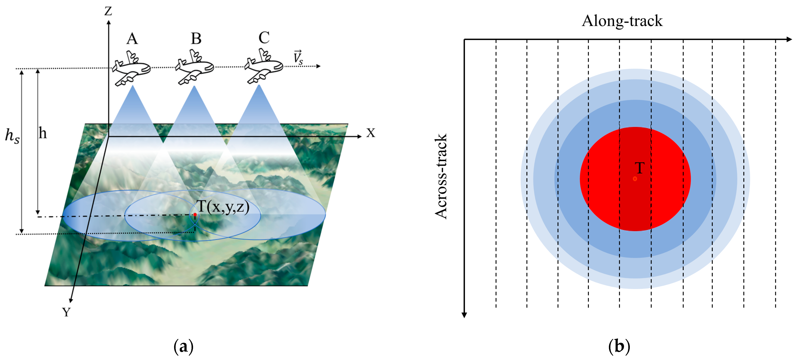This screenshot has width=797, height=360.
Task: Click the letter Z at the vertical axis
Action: pos(108,11)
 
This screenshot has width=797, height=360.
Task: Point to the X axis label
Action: pos(370,133)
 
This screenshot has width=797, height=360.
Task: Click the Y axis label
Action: pos(66,312)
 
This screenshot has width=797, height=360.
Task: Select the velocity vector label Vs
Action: pos(298,58)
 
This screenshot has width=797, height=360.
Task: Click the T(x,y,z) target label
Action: pos(223,207)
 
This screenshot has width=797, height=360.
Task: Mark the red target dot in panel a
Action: pos(195,214)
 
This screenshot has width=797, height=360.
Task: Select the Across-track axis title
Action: pos(441,176)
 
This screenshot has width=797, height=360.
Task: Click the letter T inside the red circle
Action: pos(639,168)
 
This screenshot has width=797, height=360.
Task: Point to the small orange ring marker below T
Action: pos(635,179)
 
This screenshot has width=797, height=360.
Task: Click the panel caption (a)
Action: pos(184,346)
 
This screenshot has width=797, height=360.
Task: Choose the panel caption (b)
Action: pos(619,346)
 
